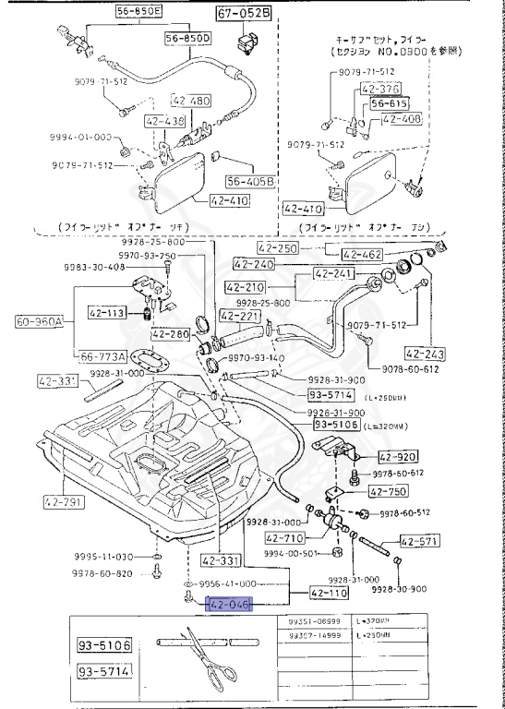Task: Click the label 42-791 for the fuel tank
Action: [x=63, y=503]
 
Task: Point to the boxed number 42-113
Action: [x=106, y=313]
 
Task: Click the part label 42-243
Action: [x=424, y=353]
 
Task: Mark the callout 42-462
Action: [x=364, y=254]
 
